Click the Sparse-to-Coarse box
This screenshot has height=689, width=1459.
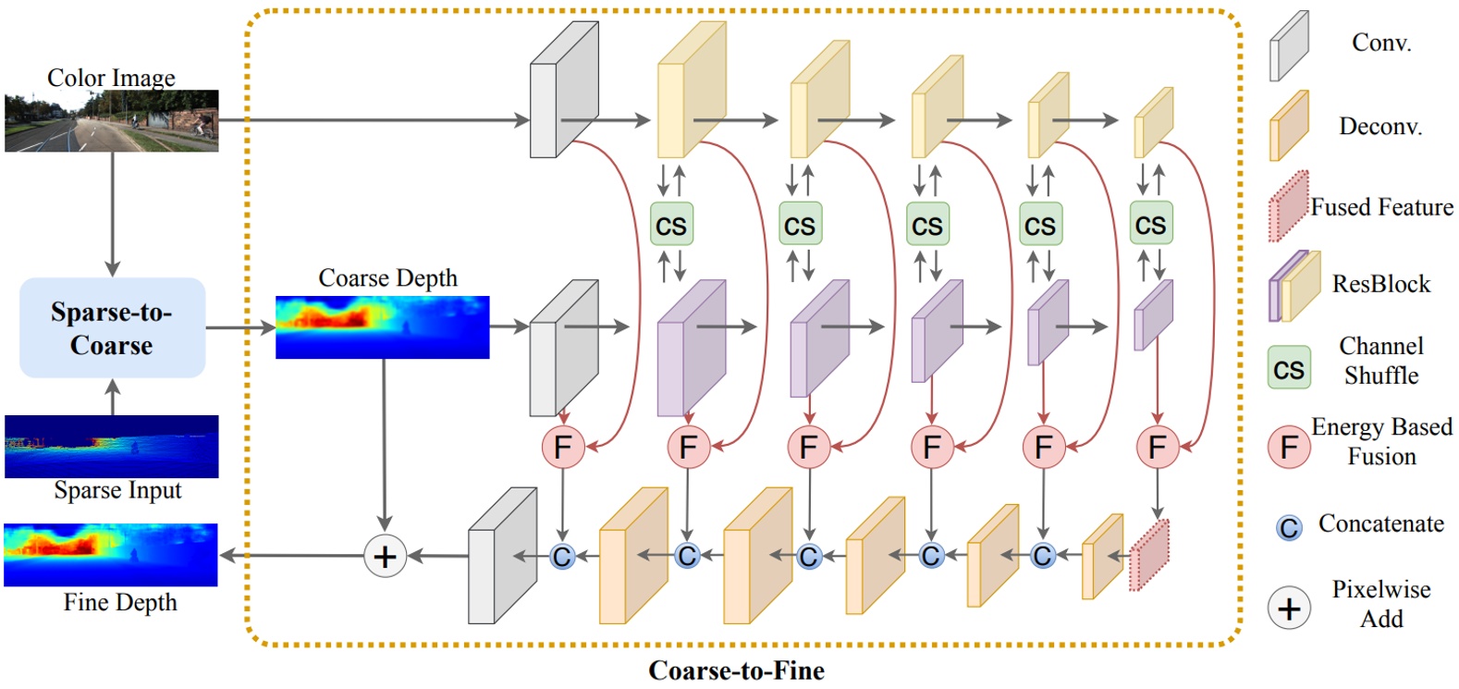point(112,327)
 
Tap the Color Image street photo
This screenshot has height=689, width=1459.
point(111,120)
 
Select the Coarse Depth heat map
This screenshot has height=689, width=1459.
point(382,327)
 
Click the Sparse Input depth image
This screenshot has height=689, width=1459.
point(111,446)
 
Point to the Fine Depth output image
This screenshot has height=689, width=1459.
point(111,555)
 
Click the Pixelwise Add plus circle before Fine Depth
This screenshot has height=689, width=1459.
point(385,556)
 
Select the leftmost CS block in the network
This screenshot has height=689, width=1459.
point(671,225)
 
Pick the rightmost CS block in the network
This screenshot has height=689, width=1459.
point(1151,224)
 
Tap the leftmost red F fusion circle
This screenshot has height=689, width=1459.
point(563,447)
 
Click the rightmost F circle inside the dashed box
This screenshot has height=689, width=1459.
point(1158,447)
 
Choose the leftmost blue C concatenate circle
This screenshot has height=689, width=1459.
point(561,556)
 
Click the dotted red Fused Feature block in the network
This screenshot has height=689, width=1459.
point(1149,556)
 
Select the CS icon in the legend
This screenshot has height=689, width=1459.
point(1289,367)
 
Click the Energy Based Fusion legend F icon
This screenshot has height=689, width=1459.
point(1289,447)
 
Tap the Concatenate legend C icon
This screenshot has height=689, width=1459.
point(1289,527)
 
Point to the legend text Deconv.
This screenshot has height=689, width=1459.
point(1380,127)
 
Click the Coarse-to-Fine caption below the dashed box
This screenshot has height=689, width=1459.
point(736,671)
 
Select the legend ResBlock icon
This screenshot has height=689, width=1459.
point(1293,285)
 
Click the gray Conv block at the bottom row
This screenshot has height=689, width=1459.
point(501,557)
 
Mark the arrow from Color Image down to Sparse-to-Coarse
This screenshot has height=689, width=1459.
point(112,213)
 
